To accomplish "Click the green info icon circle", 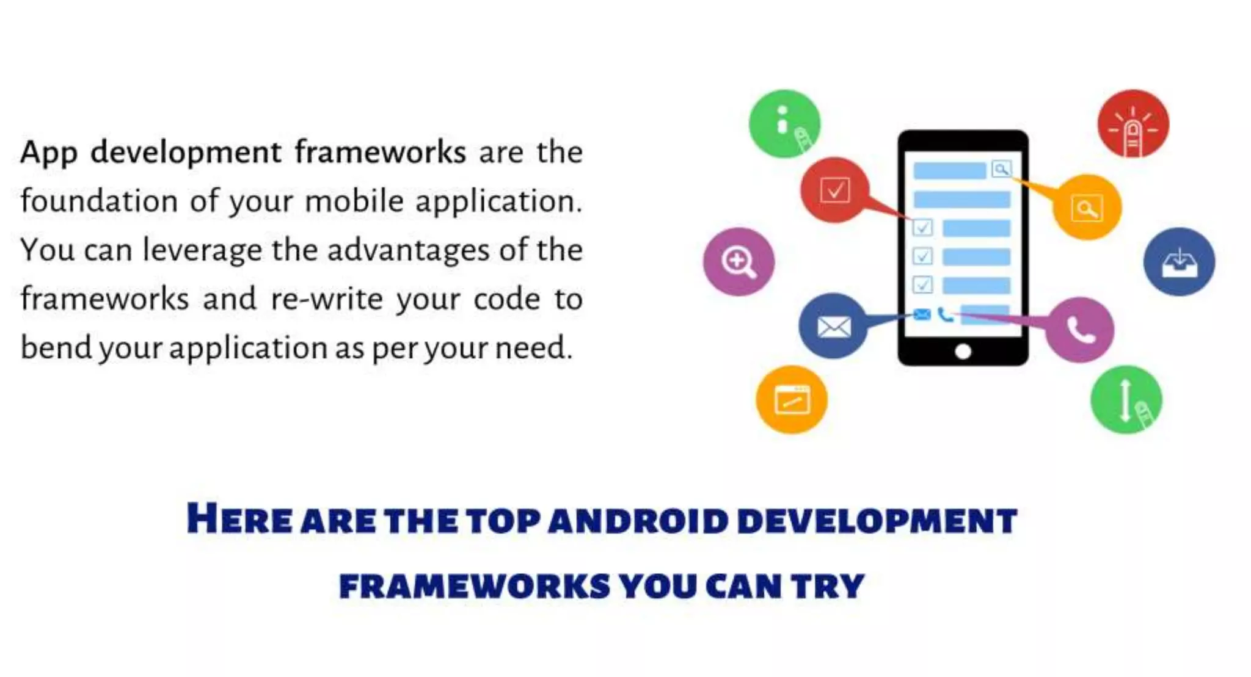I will tap(784, 123).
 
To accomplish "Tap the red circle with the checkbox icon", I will tap(834, 190).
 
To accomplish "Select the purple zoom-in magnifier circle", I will tap(739, 261).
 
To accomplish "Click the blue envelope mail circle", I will tap(833, 326).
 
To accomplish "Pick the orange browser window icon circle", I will tap(792, 400).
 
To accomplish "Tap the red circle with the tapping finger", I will tap(1133, 124).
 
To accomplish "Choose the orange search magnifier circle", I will tap(1087, 208).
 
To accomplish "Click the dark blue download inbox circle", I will tap(1179, 262).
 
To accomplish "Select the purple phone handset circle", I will tap(1080, 330).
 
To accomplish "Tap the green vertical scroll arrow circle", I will tap(1126, 400).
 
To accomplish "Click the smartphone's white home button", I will tap(963, 352).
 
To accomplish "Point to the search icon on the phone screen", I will tap(1001, 169).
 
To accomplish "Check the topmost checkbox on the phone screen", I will tap(922, 228).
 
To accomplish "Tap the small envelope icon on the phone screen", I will tap(922, 314).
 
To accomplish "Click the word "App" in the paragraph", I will tap(48, 153).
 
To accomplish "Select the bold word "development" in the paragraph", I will tap(186, 152).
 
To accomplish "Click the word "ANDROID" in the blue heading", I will tap(638, 521).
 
